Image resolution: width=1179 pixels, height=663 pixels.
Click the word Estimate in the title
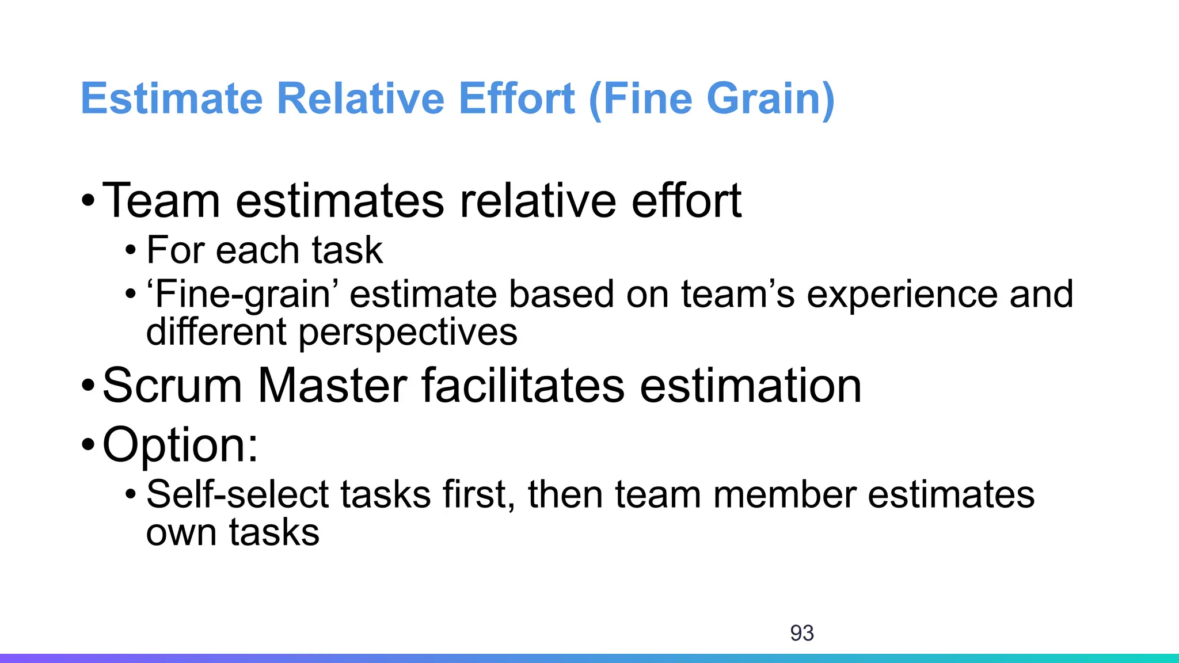click(172, 99)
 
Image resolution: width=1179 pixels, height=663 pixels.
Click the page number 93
click(802, 633)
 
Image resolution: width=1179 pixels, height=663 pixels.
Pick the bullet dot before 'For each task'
click(131, 251)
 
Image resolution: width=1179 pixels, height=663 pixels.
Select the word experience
click(902, 295)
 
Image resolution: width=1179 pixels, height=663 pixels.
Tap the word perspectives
click(408, 333)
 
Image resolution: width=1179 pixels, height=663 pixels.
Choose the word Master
click(332, 386)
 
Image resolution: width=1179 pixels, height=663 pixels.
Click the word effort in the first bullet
click(686, 201)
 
